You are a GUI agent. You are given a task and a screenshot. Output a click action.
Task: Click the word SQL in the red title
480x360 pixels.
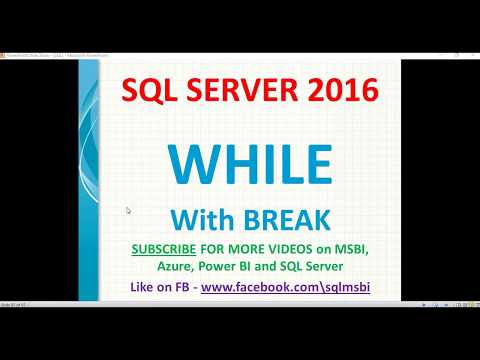145,92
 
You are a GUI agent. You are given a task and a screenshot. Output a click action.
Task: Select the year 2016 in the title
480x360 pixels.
340,92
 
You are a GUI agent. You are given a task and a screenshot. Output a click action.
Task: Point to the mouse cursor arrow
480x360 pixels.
128,210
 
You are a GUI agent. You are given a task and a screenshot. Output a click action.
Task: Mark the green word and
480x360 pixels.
271,266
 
